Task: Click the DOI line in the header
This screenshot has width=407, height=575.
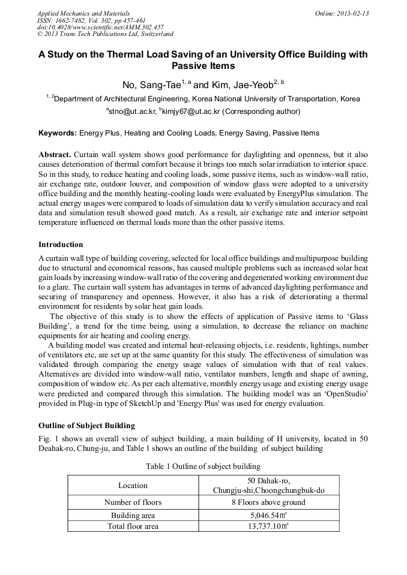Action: point(83,27)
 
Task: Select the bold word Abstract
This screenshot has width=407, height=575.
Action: point(56,153)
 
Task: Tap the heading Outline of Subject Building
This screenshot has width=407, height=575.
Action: point(86,426)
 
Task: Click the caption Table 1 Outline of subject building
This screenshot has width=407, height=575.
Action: point(203,466)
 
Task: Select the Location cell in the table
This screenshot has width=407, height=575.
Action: point(133,486)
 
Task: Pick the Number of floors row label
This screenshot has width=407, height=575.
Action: point(133,502)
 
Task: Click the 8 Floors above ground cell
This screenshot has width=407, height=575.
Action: point(268,502)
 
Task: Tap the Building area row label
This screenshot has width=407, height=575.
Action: point(133,515)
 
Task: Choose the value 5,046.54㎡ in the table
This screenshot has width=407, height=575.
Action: point(269,515)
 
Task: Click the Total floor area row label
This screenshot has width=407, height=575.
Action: point(133,526)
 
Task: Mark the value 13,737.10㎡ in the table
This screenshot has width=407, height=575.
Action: point(269,526)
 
